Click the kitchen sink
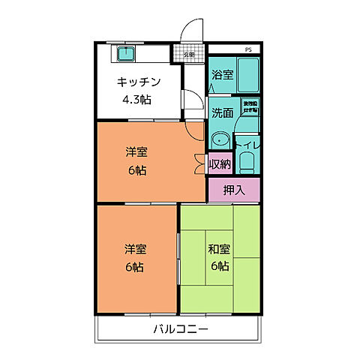(x=124, y=55)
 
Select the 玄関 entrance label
(x=189, y=54)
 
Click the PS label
(x=247, y=50)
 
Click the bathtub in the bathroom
(x=247, y=75)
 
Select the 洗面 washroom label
(x=222, y=113)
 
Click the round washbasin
(x=220, y=139)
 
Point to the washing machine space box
(x=249, y=107)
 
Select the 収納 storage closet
(x=220, y=164)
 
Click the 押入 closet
(x=233, y=189)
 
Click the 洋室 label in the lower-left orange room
(x=135, y=250)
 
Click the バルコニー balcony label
(x=180, y=329)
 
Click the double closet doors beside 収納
(x=199, y=163)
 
